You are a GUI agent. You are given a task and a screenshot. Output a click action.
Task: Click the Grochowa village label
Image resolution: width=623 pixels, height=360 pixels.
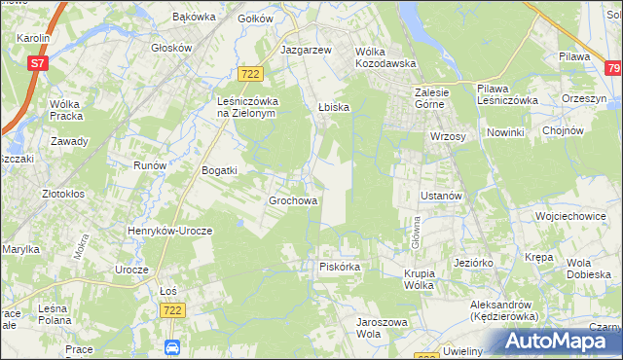click(293, 201)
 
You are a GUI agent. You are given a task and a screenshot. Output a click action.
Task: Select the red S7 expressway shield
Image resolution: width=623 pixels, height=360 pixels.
click(37, 63)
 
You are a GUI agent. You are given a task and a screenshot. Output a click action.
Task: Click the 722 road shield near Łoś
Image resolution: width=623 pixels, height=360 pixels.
click(172, 308)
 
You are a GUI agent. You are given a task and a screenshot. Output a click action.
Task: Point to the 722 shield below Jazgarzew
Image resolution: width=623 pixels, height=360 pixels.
click(250, 74)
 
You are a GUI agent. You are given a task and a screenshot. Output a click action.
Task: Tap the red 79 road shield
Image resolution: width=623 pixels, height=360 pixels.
click(612, 68)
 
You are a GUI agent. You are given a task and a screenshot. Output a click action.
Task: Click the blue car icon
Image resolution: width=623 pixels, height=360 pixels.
click(172, 347)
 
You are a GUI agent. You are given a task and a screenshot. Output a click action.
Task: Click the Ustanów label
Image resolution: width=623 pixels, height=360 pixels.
click(440, 196)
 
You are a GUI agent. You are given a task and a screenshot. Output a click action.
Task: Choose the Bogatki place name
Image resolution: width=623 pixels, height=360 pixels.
click(219, 170)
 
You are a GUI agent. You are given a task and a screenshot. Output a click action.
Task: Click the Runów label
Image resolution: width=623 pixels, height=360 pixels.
click(150, 165)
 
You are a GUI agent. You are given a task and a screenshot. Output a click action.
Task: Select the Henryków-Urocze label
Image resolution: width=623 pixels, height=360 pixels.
click(169, 231)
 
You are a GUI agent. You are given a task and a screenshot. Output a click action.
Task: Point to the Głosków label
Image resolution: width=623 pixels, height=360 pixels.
click(171, 47)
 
